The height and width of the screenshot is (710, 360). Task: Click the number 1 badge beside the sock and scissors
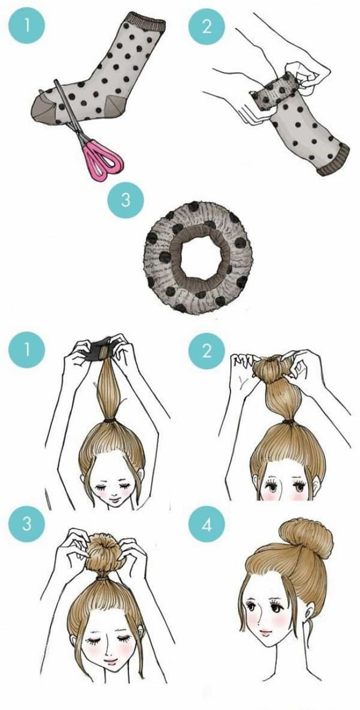[x=27, y=25]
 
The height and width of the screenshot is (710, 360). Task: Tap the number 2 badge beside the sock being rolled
[x=207, y=25]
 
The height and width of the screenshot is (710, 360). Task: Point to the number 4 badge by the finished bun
[x=207, y=523]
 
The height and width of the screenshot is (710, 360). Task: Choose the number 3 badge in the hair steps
[x=27, y=523]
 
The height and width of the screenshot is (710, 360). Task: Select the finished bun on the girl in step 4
[x=306, y=539]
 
